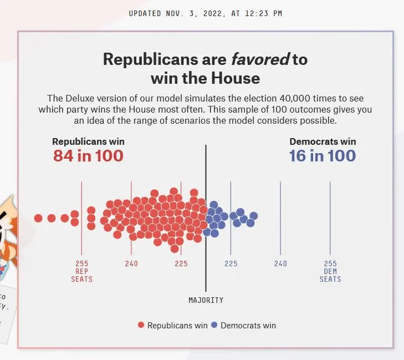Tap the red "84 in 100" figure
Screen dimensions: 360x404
[x=88, y=156]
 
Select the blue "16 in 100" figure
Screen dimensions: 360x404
[x=322, y=156]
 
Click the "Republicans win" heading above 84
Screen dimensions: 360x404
[x=88, y=141]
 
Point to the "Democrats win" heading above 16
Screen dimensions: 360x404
[x=323, y=141]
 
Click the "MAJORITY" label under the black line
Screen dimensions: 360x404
[x=206, y=300]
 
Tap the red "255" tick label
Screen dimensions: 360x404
[x=81, y=263]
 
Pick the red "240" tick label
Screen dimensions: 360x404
[x=131, y=263]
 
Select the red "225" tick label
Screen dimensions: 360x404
[x=181, y=263]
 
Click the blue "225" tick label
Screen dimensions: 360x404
[x=231, y=263]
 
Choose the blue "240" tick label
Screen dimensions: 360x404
[x=280, y=263]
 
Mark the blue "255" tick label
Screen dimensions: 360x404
[x=330, y=263]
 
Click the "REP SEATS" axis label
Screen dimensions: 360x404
[x=81, y=275]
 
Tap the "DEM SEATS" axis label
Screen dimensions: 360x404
[x=330, y=275]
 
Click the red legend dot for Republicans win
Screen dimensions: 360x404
[x=141, y=326]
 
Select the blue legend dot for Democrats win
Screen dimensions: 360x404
[x=214, y=326]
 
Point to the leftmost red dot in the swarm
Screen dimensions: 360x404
[x=38, y=218]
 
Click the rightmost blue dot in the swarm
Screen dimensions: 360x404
[x=254, y=216]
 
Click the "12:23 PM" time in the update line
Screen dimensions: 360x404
[x=265, y=13]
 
